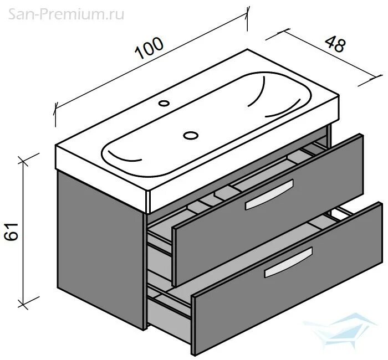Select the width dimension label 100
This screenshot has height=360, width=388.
pyautogui.click(x=150, y=49)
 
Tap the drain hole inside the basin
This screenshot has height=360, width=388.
pyautogui.click(x=191, y=134)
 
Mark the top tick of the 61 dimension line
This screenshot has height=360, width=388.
pyautogui.click(x=23, y=161)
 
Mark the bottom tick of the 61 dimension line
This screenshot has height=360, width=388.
pyautogui.click(x=23, y=304)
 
